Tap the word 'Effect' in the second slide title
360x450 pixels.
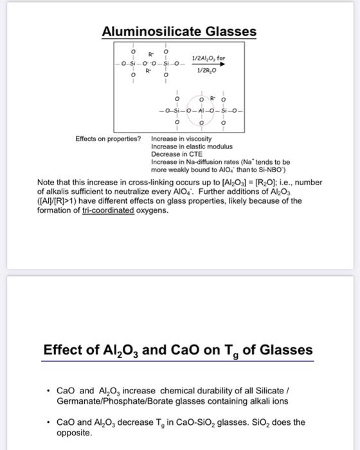tap(63, 350)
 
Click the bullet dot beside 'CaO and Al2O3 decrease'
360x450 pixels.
tap(49, 422)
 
